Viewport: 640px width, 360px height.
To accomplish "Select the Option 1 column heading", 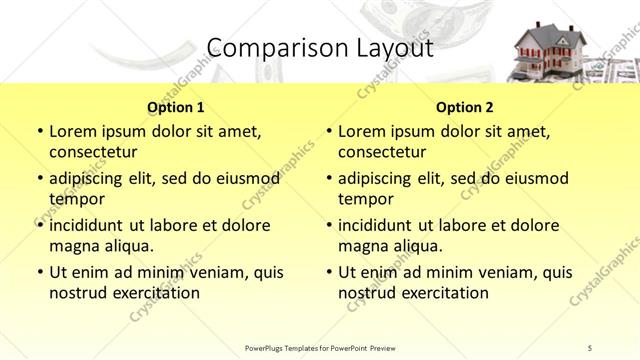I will tap(176, 107).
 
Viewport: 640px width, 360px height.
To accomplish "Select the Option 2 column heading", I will tap(465, 107).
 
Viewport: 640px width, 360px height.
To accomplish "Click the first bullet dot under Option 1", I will tap(39, 131).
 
